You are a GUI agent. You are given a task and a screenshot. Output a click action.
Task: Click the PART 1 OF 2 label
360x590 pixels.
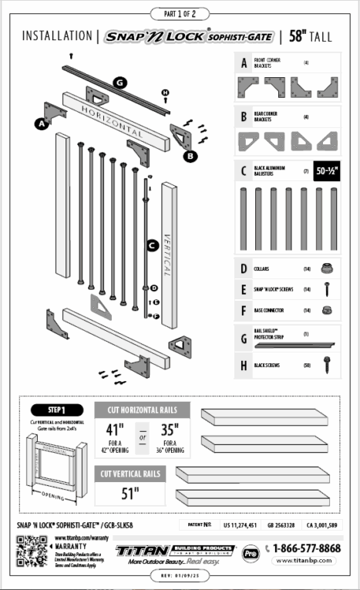coord(180,14)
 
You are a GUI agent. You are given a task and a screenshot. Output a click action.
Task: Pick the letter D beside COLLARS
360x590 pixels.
coord(244,269)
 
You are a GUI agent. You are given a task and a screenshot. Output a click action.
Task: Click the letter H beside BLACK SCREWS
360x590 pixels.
coord(244,365)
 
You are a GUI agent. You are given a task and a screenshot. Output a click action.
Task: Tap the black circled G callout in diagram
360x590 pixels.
coord(121,82)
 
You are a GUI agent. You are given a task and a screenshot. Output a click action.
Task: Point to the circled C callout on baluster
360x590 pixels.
coord(153,246)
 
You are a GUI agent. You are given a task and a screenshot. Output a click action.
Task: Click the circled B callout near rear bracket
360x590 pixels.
coord(190,154)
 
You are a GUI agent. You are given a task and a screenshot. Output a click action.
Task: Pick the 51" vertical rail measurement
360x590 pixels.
coord(130,491)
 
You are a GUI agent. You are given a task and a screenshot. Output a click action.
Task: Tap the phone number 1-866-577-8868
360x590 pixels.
coord(308,548)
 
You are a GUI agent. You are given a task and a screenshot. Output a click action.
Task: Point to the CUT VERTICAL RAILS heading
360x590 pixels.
coord(130,474)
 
